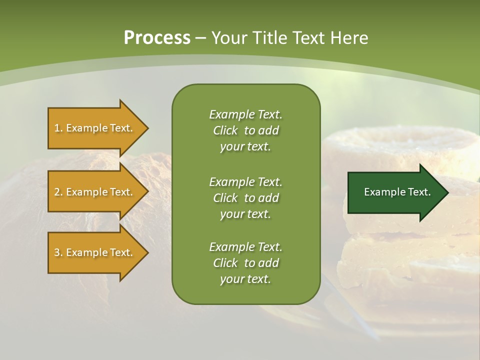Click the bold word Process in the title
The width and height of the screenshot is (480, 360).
point(157,37)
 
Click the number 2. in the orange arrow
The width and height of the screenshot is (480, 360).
point(58,192)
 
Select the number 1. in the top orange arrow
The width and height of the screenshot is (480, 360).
point(58,128)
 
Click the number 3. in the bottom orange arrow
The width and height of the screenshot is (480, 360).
point(58,252)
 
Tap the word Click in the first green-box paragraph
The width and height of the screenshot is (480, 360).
point(225,130)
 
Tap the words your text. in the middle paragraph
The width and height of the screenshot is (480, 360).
point(245,214)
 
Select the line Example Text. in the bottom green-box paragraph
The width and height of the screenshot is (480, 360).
point(245,246)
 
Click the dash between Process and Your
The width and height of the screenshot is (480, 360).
point(201,37)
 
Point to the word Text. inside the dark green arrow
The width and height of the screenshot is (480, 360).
point(418,192)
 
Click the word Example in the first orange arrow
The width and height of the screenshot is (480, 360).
point(86,128)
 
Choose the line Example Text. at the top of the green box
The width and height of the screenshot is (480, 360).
point(245,114)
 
